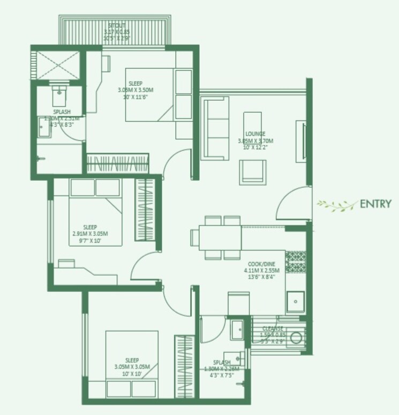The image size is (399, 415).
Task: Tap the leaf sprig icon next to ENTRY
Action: [337, 204]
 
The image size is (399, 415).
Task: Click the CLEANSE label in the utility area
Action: [273, 328]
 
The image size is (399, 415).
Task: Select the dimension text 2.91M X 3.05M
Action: [90, 234]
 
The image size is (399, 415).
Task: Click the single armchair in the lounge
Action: [252, 173]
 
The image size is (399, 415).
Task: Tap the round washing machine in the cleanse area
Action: [297, 338]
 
